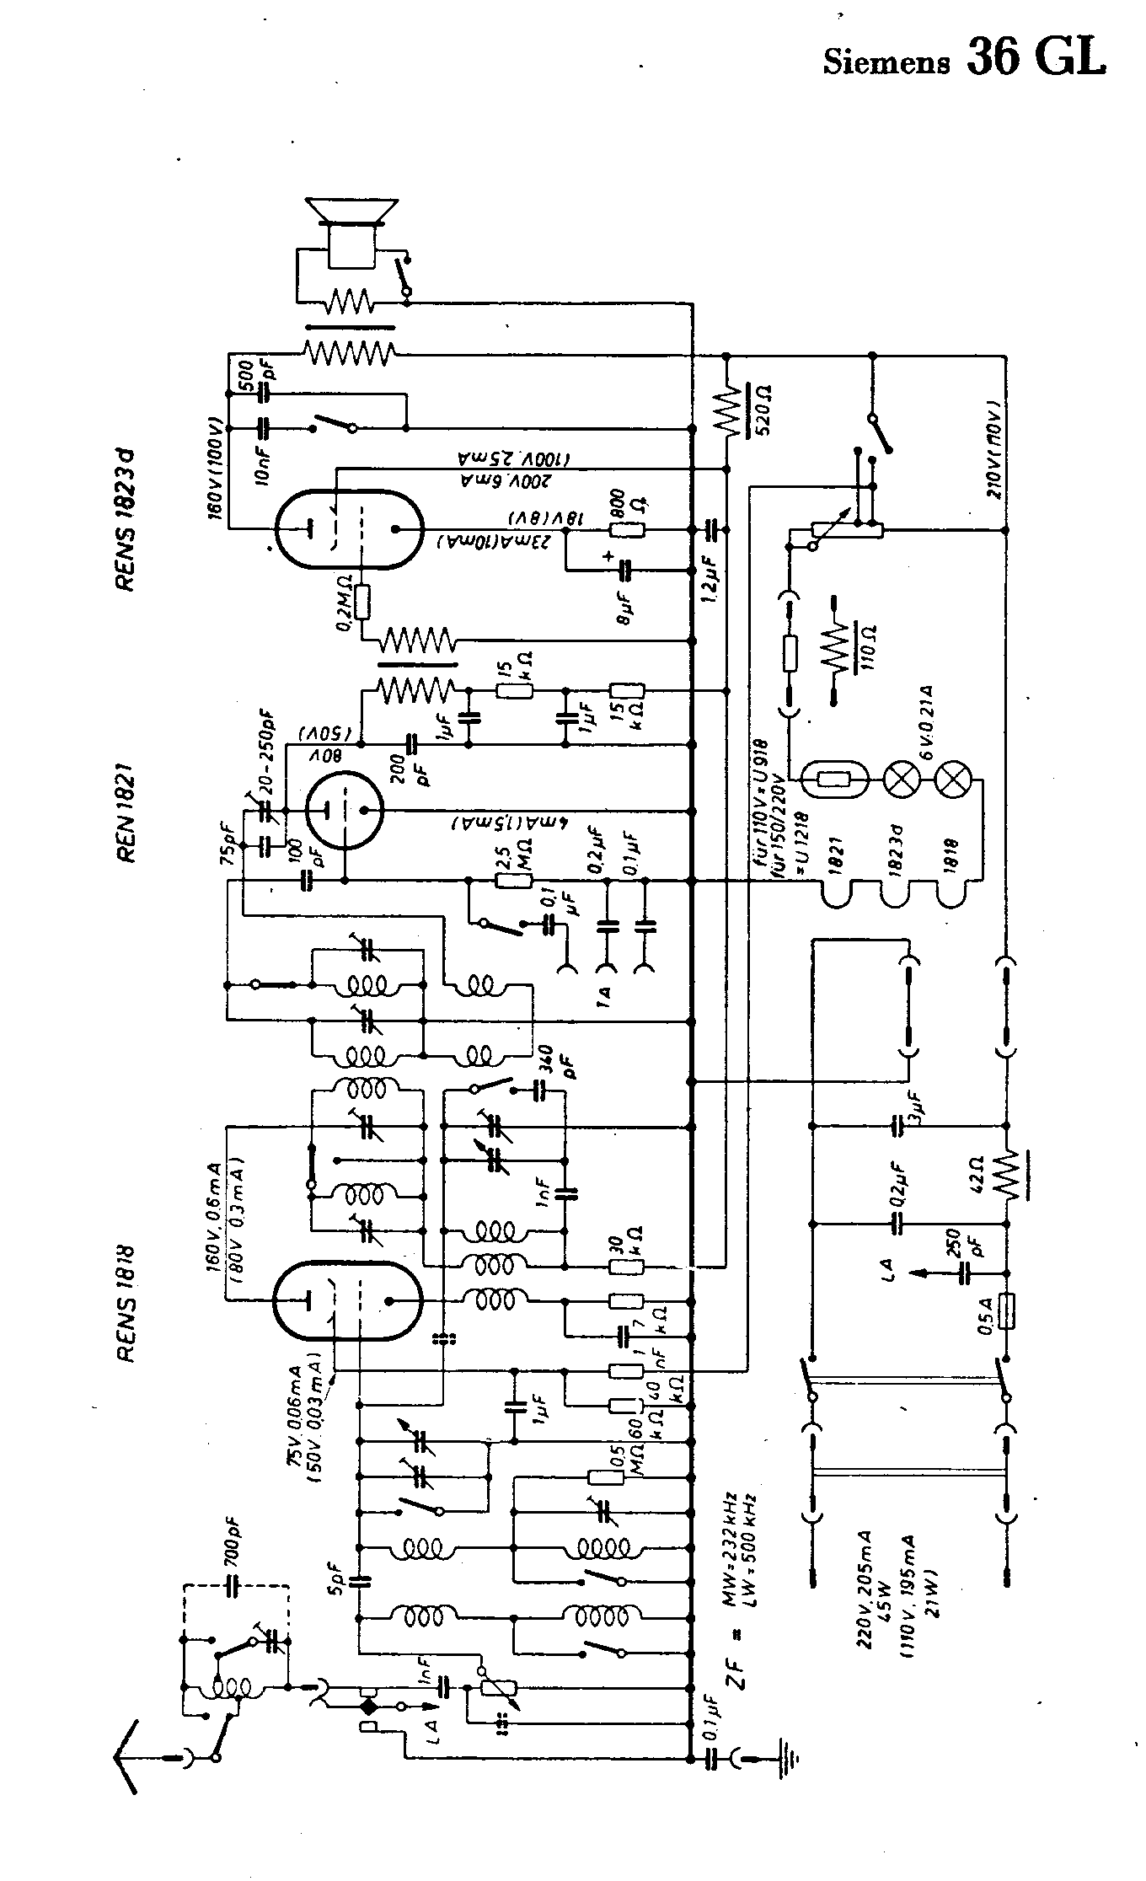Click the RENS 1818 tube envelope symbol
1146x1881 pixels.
point(348,1300)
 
